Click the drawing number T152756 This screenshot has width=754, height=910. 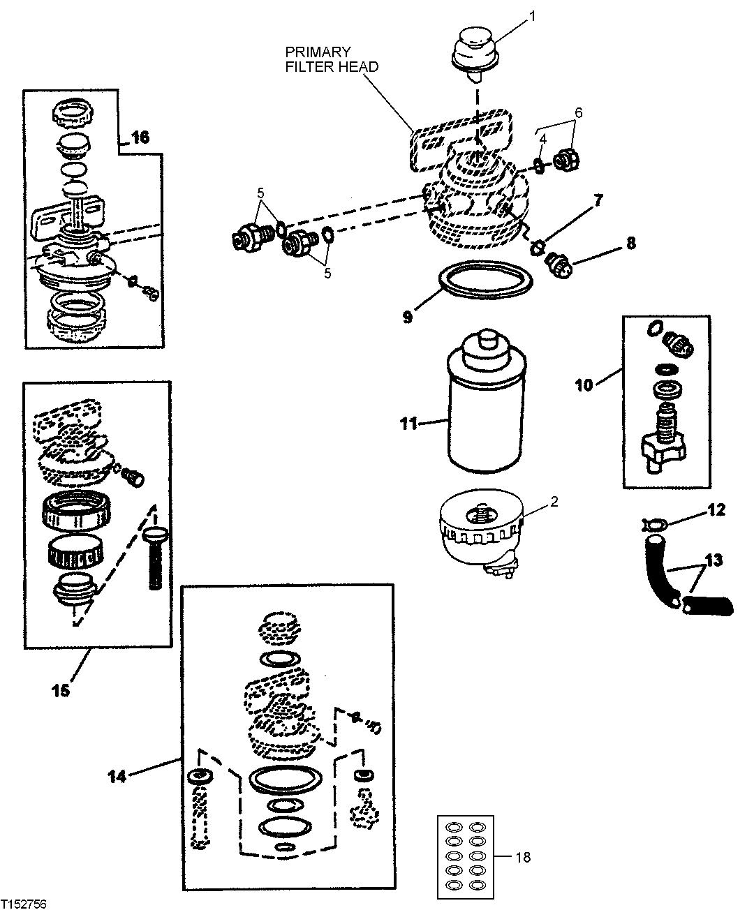[25, 903]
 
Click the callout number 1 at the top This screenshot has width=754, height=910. [533, 15]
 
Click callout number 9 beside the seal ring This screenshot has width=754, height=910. [407, 315]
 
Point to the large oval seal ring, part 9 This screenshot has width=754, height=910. [486, 287]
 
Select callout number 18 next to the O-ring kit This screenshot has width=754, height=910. [523, 856]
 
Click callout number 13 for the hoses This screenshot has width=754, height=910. [714, 560]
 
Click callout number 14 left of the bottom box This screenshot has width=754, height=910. [117, 775]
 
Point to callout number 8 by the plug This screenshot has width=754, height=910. [630, 244]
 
